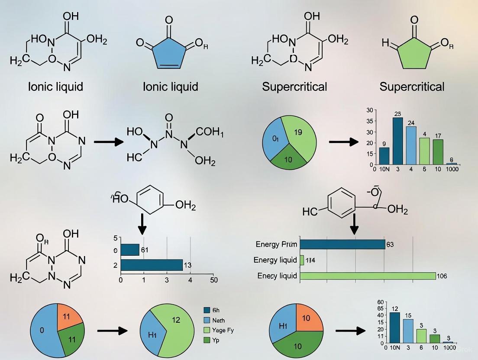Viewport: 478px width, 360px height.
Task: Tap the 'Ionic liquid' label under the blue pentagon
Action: click(x=170, y=87)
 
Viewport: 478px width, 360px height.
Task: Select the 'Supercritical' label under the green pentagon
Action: click(x=412, y=87)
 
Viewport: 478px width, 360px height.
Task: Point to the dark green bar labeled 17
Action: click(x=438, y=151)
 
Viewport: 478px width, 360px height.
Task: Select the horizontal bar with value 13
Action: click(x=152, y=265)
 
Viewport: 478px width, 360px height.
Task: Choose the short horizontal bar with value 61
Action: click(x=130, y=250)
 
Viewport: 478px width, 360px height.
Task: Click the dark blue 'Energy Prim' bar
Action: click(x=342, y=244)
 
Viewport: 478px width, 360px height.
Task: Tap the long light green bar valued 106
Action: click(x=368, y=276)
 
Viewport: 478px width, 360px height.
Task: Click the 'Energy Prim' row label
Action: click(x=276, y=244)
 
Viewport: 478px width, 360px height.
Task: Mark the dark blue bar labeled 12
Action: click(x=394, y=327)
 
